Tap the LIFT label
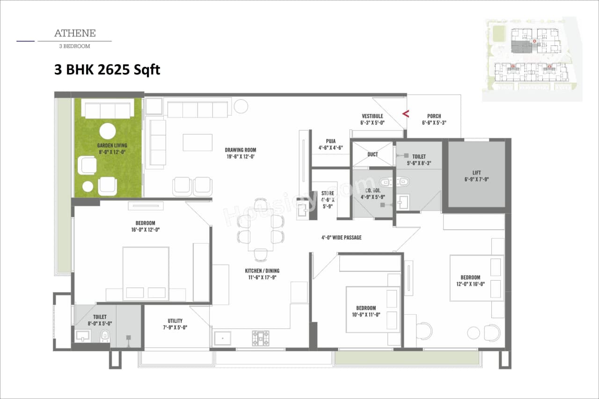(476, 173)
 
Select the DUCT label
(373, 154)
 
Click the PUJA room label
(331, 141)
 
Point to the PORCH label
(434, 116)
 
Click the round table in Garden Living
(108, 131)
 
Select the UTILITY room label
(175, 321)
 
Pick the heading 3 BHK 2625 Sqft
(107, 70)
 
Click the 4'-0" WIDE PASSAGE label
(341, 238)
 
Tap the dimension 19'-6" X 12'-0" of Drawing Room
(241, 157)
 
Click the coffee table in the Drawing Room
(197, 142)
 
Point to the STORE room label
(328, 193)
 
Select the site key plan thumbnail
(532, 59)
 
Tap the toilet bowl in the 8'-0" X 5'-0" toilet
(105, 335)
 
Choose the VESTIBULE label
(372, 116)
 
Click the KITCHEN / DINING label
(262, 271)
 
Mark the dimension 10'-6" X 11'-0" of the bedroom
(366, 315)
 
